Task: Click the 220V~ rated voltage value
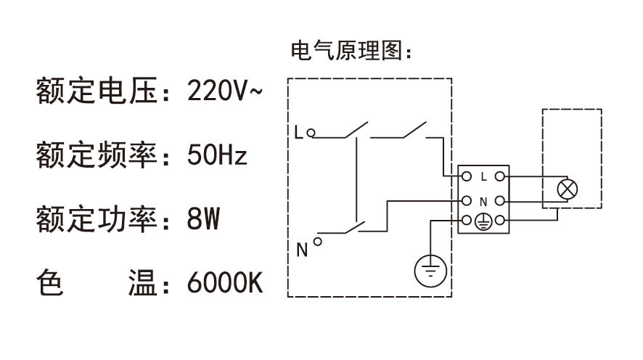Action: coord(221,92)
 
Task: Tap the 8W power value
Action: coord(203,218)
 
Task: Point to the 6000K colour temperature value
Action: coord(224,282)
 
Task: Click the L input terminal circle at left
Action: coord(311,133)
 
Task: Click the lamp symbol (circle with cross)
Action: coord(566,189)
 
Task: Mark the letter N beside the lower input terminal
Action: coord(302,251)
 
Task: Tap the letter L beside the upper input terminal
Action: coord(298,133)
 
